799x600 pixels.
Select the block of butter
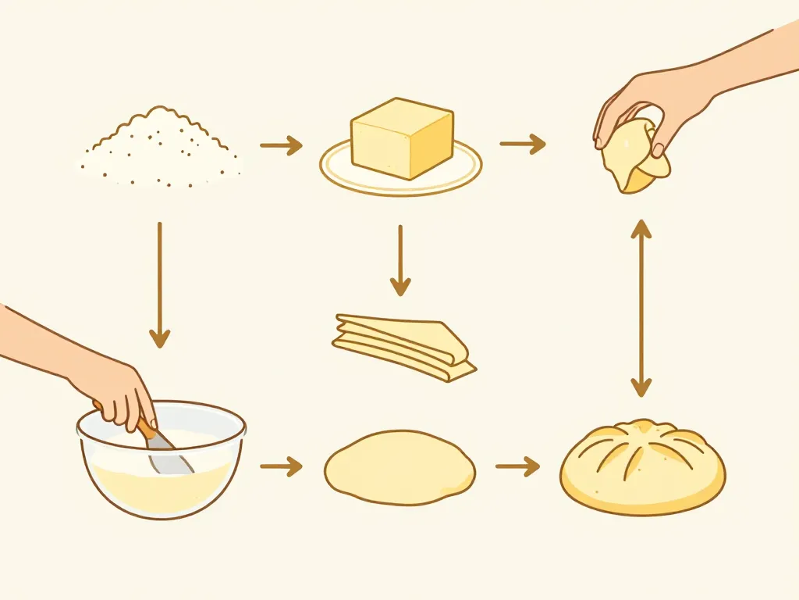tap(402, 139)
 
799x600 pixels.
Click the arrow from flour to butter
tap(280, 145)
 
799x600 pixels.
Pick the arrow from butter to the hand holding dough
tap(522, 144)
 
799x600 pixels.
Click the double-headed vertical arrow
tap(641, 308)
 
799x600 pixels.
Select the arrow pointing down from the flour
tap(159, 284)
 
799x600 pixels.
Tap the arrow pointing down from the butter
tap(400, 261)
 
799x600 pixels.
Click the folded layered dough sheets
tap(402, 346)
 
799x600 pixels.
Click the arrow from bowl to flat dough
tap(280, 467)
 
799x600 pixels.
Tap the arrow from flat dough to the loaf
tap(517, 467)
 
